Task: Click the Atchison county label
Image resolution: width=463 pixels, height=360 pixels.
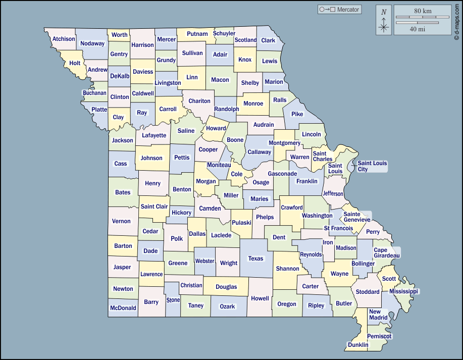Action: [64, 39]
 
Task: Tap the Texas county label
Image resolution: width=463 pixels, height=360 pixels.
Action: [255, 259]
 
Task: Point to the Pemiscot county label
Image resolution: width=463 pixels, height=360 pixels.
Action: [379, 336]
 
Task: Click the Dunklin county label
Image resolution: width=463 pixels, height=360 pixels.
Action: [357, 345]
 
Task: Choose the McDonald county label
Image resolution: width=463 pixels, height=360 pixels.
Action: [123, 307]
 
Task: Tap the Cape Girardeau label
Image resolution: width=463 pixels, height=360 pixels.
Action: [386, 253]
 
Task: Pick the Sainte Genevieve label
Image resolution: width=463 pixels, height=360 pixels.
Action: [356, 217]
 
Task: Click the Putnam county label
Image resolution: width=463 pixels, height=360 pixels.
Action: [197, 34]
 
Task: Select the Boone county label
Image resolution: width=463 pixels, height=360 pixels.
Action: [235, 140]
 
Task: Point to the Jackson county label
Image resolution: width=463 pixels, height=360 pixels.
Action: [123, 140]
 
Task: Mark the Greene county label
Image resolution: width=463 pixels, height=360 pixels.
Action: [178, 263]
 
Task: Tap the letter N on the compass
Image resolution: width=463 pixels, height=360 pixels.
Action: [384, 12]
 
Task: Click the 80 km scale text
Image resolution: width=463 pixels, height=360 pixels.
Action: [423, 11]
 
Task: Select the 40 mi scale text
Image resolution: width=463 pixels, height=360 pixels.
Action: [417, 29]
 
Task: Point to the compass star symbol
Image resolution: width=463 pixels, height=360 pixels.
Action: [384, 26]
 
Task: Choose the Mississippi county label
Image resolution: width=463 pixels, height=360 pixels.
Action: [404, 291]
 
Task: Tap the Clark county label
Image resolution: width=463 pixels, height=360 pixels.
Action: [268, 40]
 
